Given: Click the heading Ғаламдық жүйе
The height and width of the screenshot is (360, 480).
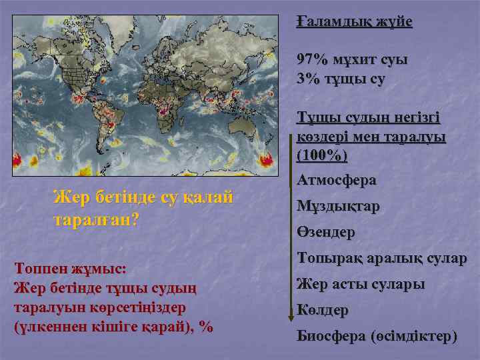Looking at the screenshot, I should coord(355,22).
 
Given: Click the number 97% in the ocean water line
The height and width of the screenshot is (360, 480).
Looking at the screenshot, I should coord(313,59).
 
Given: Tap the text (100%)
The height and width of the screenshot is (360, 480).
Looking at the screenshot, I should coord(323,156).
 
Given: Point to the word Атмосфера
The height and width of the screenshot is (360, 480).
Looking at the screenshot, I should coord(336,180).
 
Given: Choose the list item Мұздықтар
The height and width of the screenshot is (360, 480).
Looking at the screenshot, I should coord(338,207).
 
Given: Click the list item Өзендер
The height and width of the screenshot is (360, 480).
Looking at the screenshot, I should coord(325,233).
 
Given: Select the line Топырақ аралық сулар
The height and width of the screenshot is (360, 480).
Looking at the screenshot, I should coord(382,259).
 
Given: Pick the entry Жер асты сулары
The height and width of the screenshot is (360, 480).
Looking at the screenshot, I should coord(360,285).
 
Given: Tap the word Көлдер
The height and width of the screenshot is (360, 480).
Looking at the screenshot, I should coord(322,311).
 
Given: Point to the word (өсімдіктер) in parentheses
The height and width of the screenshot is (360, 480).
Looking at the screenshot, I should coord(413,337).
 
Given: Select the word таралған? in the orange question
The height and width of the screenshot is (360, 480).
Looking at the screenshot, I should coord(96,220).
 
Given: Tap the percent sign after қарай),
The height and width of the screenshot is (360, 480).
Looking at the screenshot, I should coord(206,327).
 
